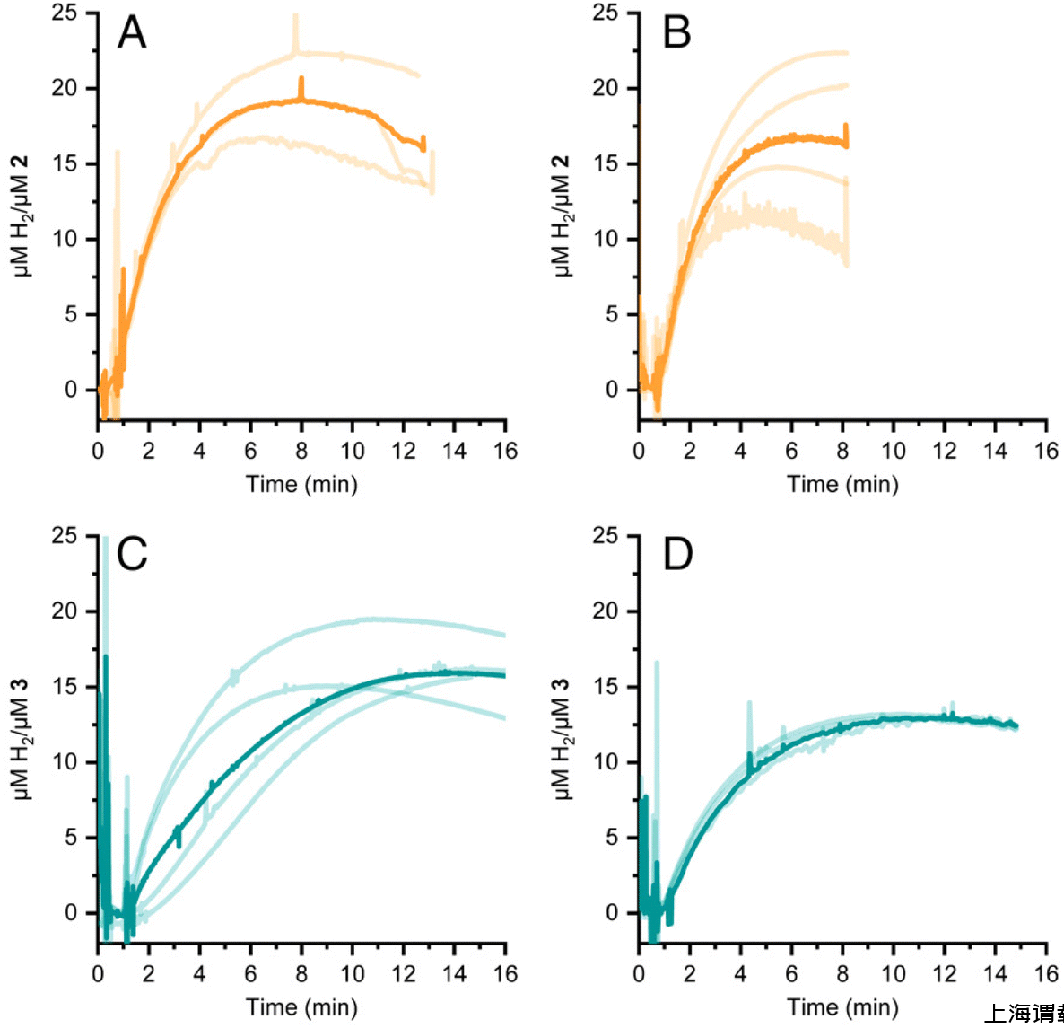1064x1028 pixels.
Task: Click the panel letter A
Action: coord(132,33)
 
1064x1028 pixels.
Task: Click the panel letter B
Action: coord(676,33)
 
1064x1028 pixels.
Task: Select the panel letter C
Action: coord(132,555)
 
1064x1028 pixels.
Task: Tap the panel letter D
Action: coord(677,555)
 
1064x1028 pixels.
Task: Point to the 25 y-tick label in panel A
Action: coord(65,13)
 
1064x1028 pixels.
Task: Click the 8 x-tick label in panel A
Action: coord(301,451)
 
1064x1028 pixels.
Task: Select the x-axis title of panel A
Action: coord(301,485)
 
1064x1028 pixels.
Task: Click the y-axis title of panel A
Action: coord(22,215)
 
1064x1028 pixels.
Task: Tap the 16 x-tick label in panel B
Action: coord(1046,451)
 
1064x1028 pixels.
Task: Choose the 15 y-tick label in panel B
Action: coord(606,163)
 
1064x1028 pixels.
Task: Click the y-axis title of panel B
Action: coord(563,215)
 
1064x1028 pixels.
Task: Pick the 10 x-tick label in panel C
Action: coord(353,973)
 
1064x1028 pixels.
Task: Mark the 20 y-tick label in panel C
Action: coord(65,611)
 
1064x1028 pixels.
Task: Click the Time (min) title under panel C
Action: coord(301,1007)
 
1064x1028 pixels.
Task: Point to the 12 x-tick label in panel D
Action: coord(945,973)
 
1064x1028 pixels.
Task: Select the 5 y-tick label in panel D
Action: coord(612,838)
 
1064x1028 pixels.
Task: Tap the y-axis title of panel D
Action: coord(563,738)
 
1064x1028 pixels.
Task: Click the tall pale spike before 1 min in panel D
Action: coord(657,669)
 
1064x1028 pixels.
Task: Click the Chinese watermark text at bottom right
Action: coord(1023,1015)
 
